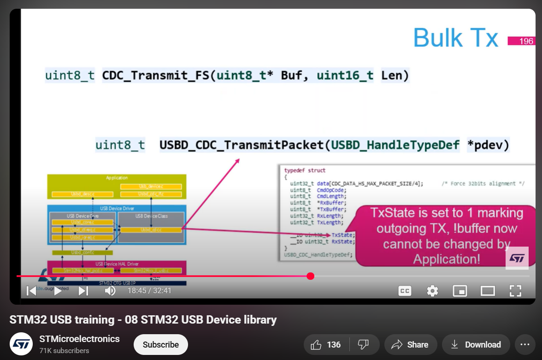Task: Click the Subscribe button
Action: pyautogui.click(x=160, y=345)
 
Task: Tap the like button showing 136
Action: pyautogui.click(x=326, y=345)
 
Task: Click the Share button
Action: pyautogui.click(x=410, y=345)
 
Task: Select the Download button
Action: pyautogui.click(x=476, y=345)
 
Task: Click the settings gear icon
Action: pyautogui.click(x=432, y=291)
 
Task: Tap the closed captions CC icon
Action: pyautogui.click(x=405, y=291)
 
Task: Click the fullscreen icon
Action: pyautogui.click(x=515, y=291)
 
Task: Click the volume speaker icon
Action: pyautogui.click(x=110, y=291)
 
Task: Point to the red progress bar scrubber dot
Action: pyautogui.click(x=310, y=276)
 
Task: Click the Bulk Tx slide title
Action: pyautogui.click(x=455, y=37)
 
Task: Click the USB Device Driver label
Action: pyautogui.click(x=117, y=208)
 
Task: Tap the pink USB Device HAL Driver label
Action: pyautogui.click(x=117, y=264)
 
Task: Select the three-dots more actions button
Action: pyautogui.click(x=524, y=345)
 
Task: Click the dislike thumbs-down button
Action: pyautogui.click(x=364, y=345)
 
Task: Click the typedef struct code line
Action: pyautogui.click(x=305, y=171)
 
